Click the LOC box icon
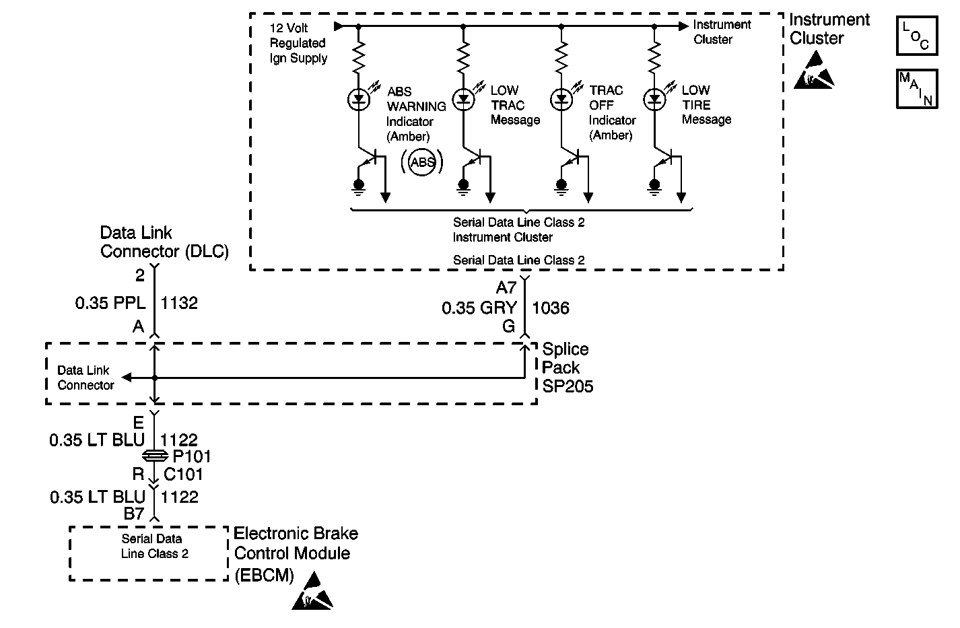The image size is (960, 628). pyautogui.click(x=917, y=36)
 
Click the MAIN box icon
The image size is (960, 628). pyautogui.click(x=917, y=89)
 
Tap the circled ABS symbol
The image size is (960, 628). pyautogui.click(x=421, y=162)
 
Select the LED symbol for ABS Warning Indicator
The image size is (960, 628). pyautogui.click(x=359, y=100)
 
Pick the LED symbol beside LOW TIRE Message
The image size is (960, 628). pyautogui.click(x=654, y=100)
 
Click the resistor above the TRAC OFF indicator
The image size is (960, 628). pyautogui.click(x=561, y=57)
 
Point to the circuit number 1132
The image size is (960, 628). pyautogui.click(x=179, y=303)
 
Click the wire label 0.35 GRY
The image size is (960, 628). pyautogui.click(x=479, y=308)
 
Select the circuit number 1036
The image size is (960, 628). pyautogui.click(x=551, y=308)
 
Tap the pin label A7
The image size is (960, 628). pyautogui.click(x=506, y=287)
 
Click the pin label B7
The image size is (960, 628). pyautogui.click(x=134, y=513)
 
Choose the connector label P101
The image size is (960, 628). pyautogui.click(x=192, y=456)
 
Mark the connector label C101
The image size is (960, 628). pyautogui.click(x=183, y=475)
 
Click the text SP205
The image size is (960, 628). pyautogui.click(x=568, y=386)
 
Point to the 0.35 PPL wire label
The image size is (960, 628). pyautogui.click(x=110, y=303)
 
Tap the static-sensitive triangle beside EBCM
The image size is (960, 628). pyautogui.click(x=312, y=591)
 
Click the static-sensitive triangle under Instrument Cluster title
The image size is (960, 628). pyautogui.click(x=814, y=70)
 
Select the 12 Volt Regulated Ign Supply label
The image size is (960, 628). pyautogui.click(x=298, y=43)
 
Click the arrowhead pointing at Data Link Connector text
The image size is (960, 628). pyautogui.click(x=127, y=378)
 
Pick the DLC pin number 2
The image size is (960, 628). pyautogui.click(x=140, y=275)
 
